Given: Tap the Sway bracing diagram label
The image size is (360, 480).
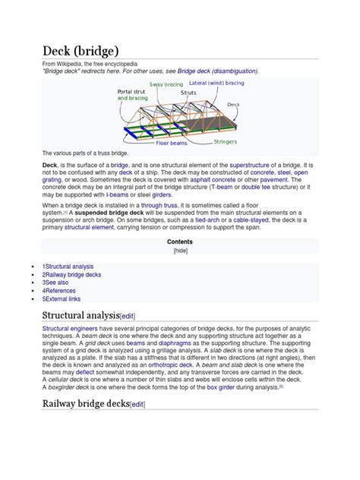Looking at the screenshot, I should point(166,84).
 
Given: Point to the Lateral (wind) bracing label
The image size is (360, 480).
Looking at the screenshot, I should point(216,82).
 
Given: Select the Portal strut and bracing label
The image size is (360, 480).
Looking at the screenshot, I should point(134,95).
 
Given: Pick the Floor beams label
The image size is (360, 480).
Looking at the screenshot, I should point(172,142).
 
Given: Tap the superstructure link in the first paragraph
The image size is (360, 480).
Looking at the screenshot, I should point(260,164).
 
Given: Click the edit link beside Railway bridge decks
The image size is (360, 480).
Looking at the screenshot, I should point(137,405).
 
